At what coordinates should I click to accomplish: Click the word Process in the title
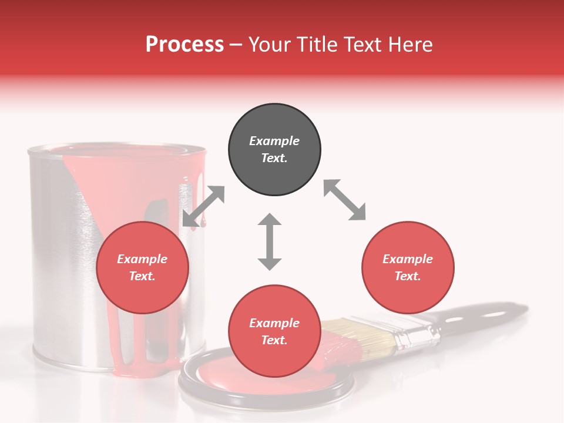[x=184, y=45]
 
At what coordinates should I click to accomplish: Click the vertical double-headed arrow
[x=270, y=241]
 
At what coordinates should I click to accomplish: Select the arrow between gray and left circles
[x=203, y=206]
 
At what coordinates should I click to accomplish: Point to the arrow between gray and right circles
[x=344, y=200]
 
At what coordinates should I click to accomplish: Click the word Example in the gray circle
[x=274, y=141]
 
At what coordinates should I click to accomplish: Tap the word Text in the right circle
[x=408, y=276]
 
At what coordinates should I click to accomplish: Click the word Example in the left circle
[x=142, y=259]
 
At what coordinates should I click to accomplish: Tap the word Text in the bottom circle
[x=274, y=340]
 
